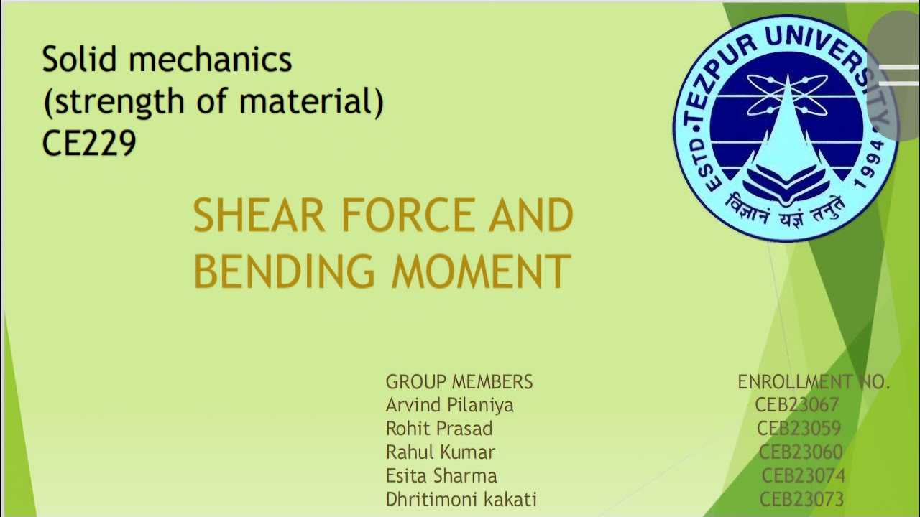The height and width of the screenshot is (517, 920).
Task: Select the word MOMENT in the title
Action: pos(481,271)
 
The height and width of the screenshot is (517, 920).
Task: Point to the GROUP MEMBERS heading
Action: pos(459,381)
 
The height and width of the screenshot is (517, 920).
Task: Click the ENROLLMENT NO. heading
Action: pos(814,382)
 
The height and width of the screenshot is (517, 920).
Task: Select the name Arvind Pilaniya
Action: pos(449,405)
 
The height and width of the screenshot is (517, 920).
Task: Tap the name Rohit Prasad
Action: pos(438,429)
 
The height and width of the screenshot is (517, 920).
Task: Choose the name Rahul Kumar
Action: pos(440,452)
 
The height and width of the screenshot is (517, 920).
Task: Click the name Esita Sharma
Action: pos(441,475)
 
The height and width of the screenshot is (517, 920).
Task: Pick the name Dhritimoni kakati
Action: pos(461,499)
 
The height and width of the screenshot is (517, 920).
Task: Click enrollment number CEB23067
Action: pos(796,405)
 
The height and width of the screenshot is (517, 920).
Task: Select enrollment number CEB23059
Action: pos(799,429)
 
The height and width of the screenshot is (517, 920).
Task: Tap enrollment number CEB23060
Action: pos(801,452)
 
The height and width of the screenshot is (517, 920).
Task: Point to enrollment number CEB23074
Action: pos(803,475)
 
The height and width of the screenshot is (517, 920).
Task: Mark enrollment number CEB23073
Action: pos(801,499)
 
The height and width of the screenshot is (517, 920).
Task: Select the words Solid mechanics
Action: pos(167,60)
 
